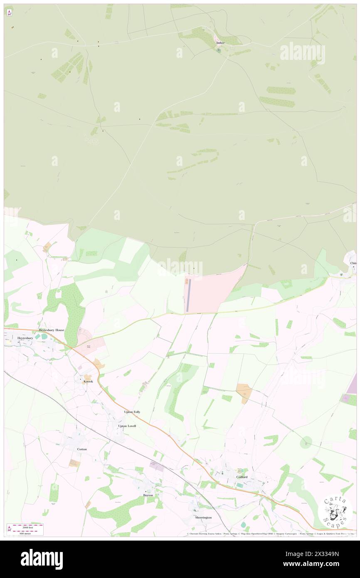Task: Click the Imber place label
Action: [220, 43]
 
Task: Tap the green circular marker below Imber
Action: [219, 50]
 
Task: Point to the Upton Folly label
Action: [132, 412]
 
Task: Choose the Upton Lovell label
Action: [127, 426]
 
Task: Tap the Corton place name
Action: [82, 449]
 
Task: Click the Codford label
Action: [242, 477]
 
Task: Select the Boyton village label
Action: [148, 495]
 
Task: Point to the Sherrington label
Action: [203, 517]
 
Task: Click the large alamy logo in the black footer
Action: [42, 559]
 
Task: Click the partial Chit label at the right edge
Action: [353, 263]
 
